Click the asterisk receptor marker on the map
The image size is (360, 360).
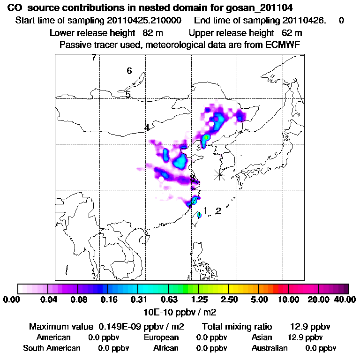point(219,175)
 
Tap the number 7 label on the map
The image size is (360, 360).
point(94,58)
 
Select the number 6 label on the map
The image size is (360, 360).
point(129,71)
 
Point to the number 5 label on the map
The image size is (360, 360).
point(128,95)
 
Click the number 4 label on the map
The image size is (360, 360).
point(147,127)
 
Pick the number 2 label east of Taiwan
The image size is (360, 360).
point(218,211)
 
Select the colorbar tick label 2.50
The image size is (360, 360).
point(228,300)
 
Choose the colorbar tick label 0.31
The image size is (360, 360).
point(138,300)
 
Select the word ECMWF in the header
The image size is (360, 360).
point(284,45)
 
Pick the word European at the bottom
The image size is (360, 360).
point(161,337)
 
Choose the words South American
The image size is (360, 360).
point(52,348)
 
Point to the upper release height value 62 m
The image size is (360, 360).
point(292,33)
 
